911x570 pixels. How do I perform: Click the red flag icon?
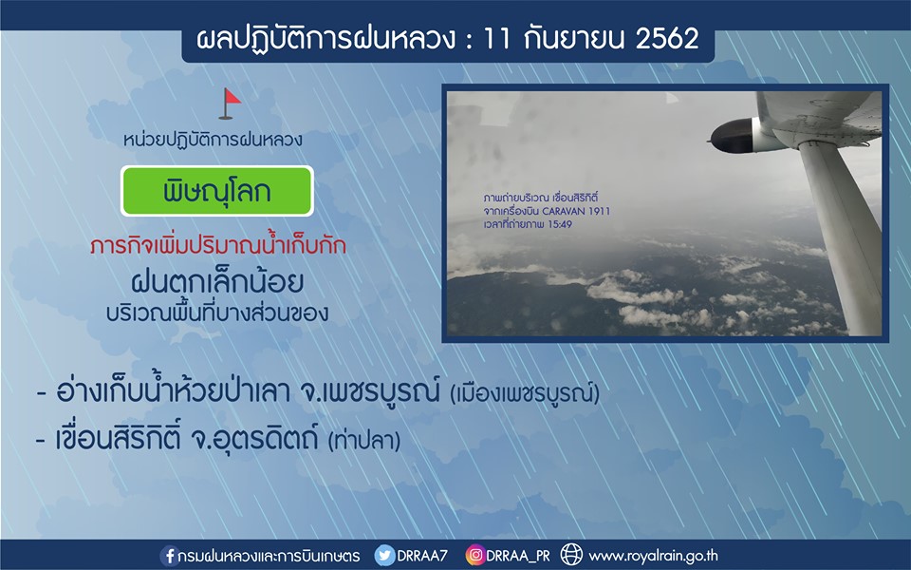coord(230,103)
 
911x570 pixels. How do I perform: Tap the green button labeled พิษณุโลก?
coord(217,191)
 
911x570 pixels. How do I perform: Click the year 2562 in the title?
coord(667,39)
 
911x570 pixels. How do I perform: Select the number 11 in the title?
coord(496,39)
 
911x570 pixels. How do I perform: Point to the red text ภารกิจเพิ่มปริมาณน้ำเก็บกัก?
coord(218,245)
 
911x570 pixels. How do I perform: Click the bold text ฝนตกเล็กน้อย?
coord(217,282)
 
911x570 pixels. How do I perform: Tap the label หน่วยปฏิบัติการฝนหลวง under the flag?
coord(213,141)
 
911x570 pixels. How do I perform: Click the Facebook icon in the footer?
coord(169,556)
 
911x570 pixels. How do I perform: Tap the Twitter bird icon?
coord(384,556)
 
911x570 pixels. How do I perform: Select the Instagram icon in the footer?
coord(474,556)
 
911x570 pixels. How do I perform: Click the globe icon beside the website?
coord(571,556)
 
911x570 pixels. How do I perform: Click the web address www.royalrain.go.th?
coord(653,557)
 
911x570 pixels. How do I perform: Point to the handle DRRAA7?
coord(422,556)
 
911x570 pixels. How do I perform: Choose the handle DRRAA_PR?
coord(518,557)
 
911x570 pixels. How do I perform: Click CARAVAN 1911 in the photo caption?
coord(576,211)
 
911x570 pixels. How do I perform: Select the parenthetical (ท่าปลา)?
coord(364,441)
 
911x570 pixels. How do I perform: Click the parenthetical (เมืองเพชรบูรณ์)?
coord(525,393)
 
